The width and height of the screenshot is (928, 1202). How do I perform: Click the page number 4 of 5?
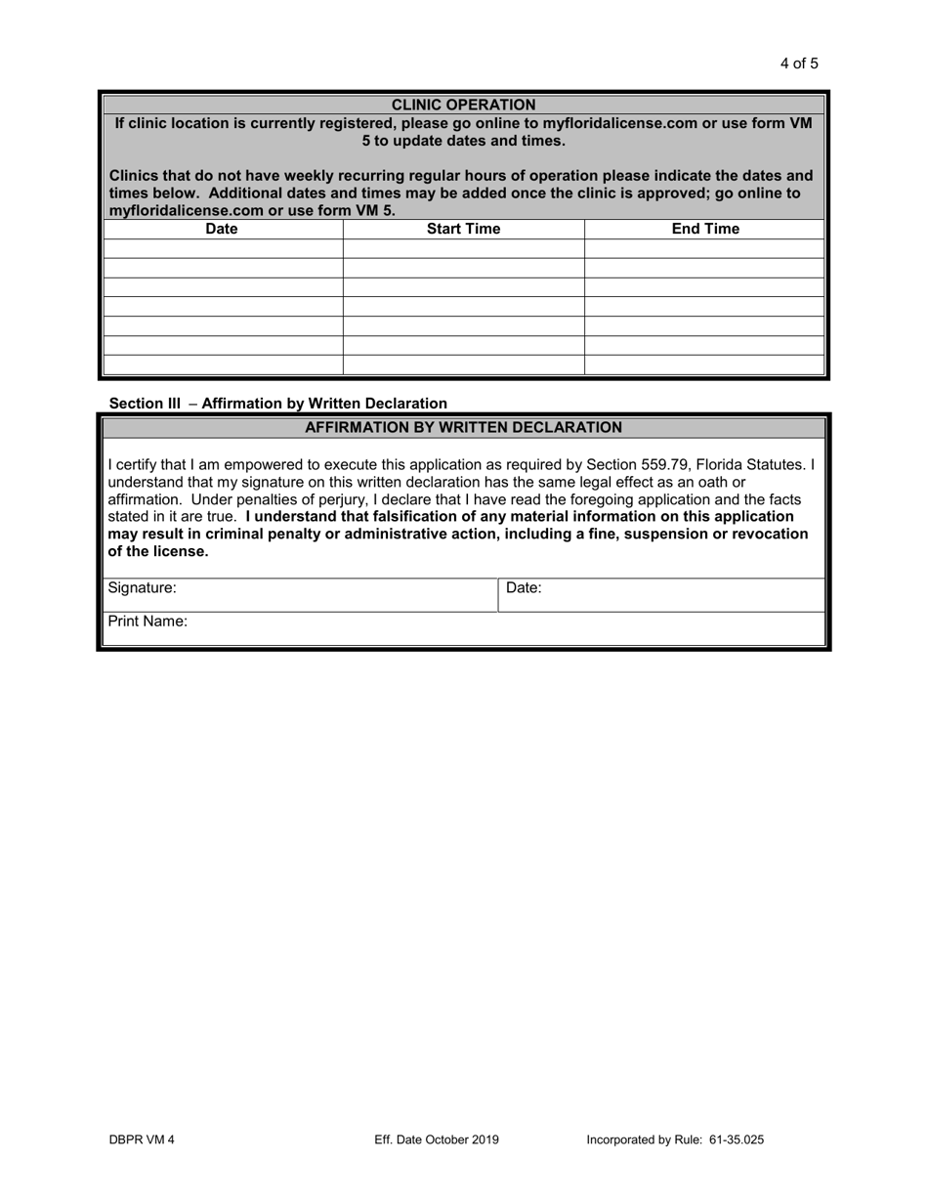[x=798, y=64]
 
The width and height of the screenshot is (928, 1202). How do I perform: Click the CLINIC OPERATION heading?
[x=463, y=105]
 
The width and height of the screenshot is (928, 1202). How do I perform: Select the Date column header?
[x=222, y=229]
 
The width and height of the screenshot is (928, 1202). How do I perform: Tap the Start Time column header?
[x=463, y=229]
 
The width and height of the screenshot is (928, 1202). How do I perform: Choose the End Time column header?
[x=704, y=229]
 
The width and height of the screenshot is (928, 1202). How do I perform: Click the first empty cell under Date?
[x=223, y=249]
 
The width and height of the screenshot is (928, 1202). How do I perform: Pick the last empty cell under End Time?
[x=704, y=365]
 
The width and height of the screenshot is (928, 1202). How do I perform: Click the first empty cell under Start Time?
[x=463, y=249]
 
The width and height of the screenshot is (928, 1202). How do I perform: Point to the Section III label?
[x=145, y=403]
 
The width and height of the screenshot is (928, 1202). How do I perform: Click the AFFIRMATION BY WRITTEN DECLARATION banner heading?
[x=463, y=427]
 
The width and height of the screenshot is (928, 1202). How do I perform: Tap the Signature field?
[x=332, y=594]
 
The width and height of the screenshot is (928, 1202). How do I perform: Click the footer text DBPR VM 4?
[x=142, y=1139]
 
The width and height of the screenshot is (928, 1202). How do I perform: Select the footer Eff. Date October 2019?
[x=436, y=1139]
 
